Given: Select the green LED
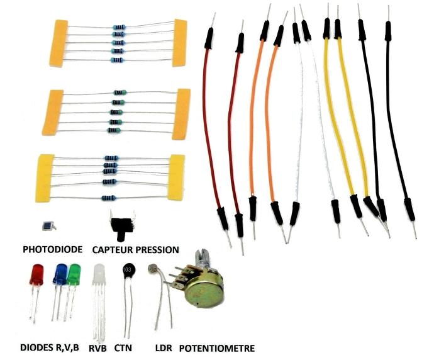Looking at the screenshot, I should pyautogui.click(x=75, y=275).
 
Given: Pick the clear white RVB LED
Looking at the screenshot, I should pyautogui.click(x=99, y=277).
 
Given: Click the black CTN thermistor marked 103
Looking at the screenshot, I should pyautogui.click(x=130, y=269).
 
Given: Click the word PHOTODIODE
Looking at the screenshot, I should pyautogui.click(x=52, y=250).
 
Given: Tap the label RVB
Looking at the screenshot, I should pyautogui.click(x=97, y=348).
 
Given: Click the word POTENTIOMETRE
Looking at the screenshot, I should pyautogui.click(x=217, y=348).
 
